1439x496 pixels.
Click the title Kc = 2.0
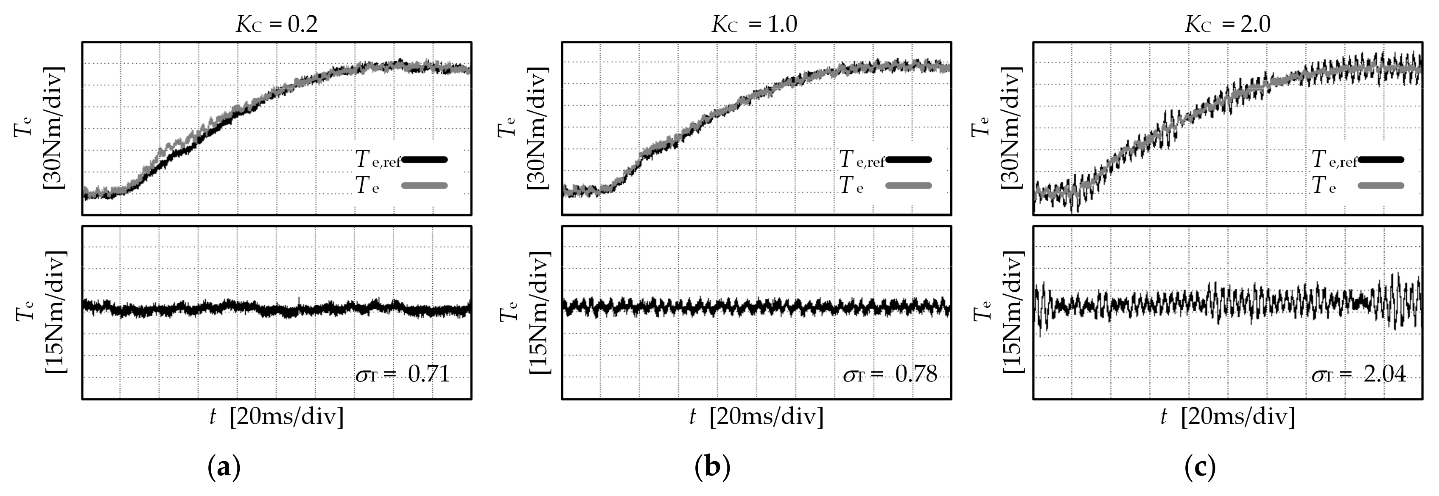pos(1227,24)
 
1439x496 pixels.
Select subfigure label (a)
pos(224,466)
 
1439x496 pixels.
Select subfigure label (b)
pos(712,466)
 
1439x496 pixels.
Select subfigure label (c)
pos(1200,466)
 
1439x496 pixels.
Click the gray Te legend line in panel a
pos(425,186)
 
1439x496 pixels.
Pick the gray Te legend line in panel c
pos(1380,186)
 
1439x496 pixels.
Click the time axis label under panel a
pos(277,417)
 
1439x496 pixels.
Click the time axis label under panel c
pos(1227,417)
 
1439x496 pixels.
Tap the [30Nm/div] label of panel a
pos(54,128)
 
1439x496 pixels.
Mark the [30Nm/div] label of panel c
pos(1011,128)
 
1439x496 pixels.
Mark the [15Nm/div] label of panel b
pos(539,312)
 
